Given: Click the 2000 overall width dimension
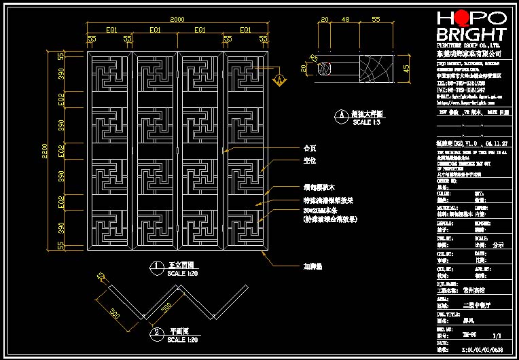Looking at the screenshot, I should (177, 20).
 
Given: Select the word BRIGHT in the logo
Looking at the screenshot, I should (471, 35).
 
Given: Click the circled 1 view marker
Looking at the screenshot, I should (156, 266).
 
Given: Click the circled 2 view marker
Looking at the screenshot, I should (156, 332).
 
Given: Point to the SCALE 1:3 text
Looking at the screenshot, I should (362, 122).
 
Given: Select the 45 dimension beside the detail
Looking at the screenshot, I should (406, 69).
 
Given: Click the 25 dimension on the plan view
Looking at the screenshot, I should (101, 277).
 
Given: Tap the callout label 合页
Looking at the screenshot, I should (309, 147).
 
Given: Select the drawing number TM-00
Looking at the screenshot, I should (468, 336).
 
